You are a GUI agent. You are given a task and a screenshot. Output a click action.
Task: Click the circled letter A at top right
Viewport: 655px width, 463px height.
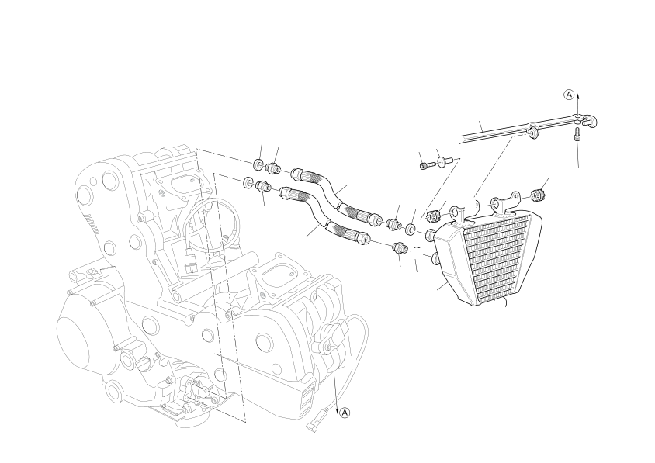(x=569, y=95)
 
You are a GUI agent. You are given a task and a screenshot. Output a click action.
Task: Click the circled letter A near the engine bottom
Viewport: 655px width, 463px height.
(x=346, y=412)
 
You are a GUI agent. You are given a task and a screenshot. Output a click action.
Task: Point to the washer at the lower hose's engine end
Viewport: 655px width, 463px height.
(x=248, y=183)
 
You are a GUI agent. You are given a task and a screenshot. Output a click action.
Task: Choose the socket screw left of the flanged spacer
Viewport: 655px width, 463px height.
(x=424, y=165)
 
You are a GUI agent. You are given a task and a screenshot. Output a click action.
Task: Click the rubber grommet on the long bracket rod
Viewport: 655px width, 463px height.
(x=532, y=131)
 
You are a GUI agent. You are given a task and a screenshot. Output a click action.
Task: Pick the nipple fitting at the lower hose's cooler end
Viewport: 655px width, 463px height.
(x=400, y=247)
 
